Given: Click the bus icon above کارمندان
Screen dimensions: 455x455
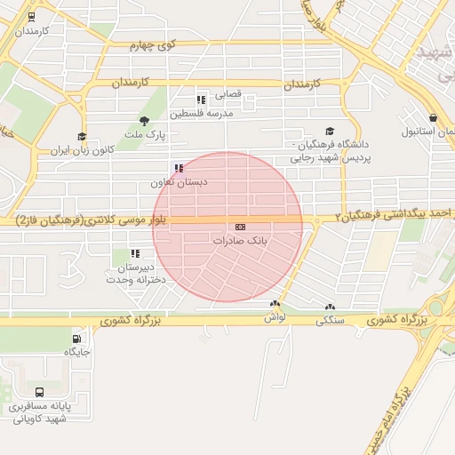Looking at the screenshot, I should click(x=33, y=17).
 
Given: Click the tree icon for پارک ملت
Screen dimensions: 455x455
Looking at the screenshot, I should click(x=144, y=121).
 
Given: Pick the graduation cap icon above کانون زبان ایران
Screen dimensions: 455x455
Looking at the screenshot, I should click(x=82, y=137).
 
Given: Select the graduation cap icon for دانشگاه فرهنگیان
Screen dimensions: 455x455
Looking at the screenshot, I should click(x=331, y=131).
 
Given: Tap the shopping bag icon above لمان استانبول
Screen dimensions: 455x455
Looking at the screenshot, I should click(x=433, y=118).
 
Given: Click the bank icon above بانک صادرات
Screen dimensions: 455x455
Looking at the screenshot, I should click(x=240, y=227).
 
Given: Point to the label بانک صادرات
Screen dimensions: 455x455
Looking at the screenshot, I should click(x=241, y=241).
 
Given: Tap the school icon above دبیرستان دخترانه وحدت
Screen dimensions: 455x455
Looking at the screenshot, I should click(x=136, y=254).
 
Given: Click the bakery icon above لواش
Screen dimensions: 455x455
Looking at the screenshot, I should click(x=274, y=304).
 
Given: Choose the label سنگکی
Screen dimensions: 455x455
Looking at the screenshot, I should click(x=331, y=319).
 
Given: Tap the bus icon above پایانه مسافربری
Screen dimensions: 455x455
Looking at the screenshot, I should click(x=39, y=392).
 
